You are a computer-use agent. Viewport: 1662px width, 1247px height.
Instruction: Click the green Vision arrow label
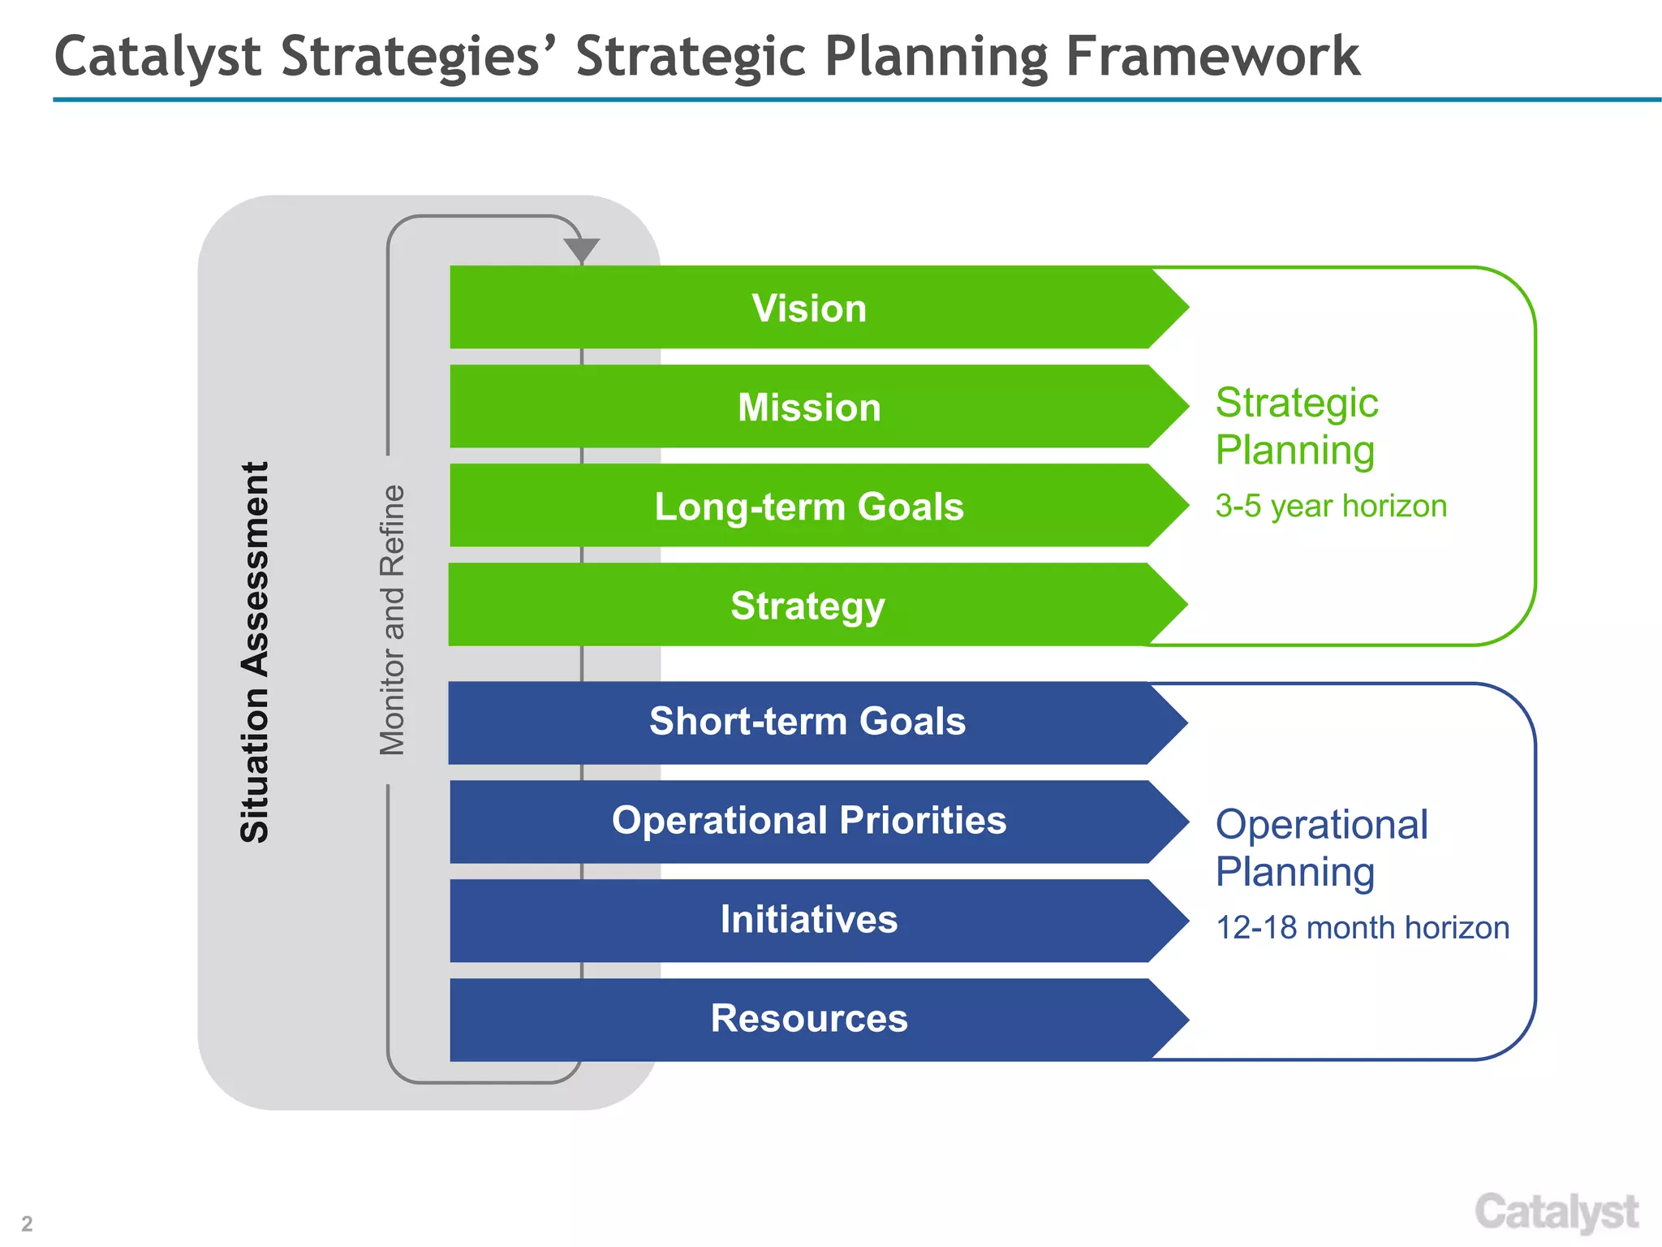[x=809, y=309]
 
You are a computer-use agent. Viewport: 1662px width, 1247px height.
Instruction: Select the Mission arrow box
[x=809, y=407]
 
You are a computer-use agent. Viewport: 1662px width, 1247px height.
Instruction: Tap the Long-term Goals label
[x=809, y=507]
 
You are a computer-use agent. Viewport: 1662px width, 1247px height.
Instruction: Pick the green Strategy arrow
[x=807, y=606]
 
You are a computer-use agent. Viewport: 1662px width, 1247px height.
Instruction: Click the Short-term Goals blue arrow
[x=807, y=722]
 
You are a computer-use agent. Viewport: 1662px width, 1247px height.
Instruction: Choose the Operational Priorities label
[x=809, y=821]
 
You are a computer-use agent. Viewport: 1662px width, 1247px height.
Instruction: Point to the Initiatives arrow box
[x=809, y=920]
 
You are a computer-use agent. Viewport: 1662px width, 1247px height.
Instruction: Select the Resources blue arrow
[x=809, y=1019]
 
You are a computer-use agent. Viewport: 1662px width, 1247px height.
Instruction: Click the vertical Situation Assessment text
[x=255, y=652]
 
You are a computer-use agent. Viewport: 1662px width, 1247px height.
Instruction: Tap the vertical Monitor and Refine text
[x=392, y=620]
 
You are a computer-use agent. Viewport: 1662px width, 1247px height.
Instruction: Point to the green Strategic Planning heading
[x=1296, y=426]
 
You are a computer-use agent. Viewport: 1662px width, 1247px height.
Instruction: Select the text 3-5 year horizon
[x=1331, y=506]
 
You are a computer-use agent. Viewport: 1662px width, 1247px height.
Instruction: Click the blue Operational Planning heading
[x=1321, y=848]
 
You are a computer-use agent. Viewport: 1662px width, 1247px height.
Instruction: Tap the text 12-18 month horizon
[x=1362, y=927]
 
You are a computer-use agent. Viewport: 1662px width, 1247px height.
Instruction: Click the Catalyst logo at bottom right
[x=1556, y=1213]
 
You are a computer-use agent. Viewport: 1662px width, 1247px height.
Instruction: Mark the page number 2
[x=27, y=1223]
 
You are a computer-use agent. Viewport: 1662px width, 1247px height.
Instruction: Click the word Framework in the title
[x=1212, y=57]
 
